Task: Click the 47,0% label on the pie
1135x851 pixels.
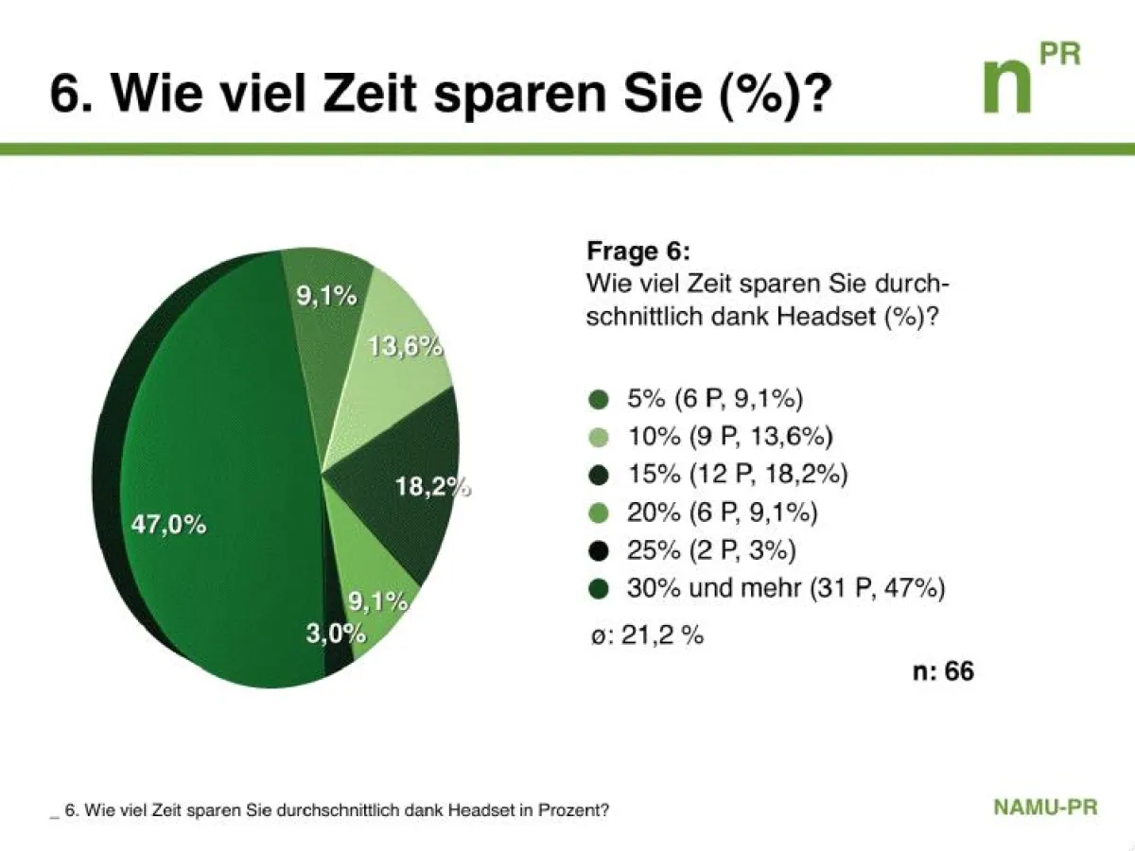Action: [168, 525]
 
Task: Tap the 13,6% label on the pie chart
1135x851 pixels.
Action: [405, 347]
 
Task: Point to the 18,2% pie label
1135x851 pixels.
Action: [431, 488]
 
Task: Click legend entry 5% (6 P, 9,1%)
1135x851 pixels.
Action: [715, 398]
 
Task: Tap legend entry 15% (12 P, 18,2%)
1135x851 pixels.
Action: [737, 474]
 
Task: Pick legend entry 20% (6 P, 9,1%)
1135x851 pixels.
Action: [722, 512]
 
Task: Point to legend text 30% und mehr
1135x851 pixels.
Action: [714, 588]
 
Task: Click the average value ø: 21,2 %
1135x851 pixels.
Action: [645, 634]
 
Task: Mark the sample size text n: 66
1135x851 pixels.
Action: [942, 671]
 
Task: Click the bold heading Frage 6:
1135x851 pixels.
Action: [638, 252]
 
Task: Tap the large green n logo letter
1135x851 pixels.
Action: [1006, 87]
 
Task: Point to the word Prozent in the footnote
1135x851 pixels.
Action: [573, 811]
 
